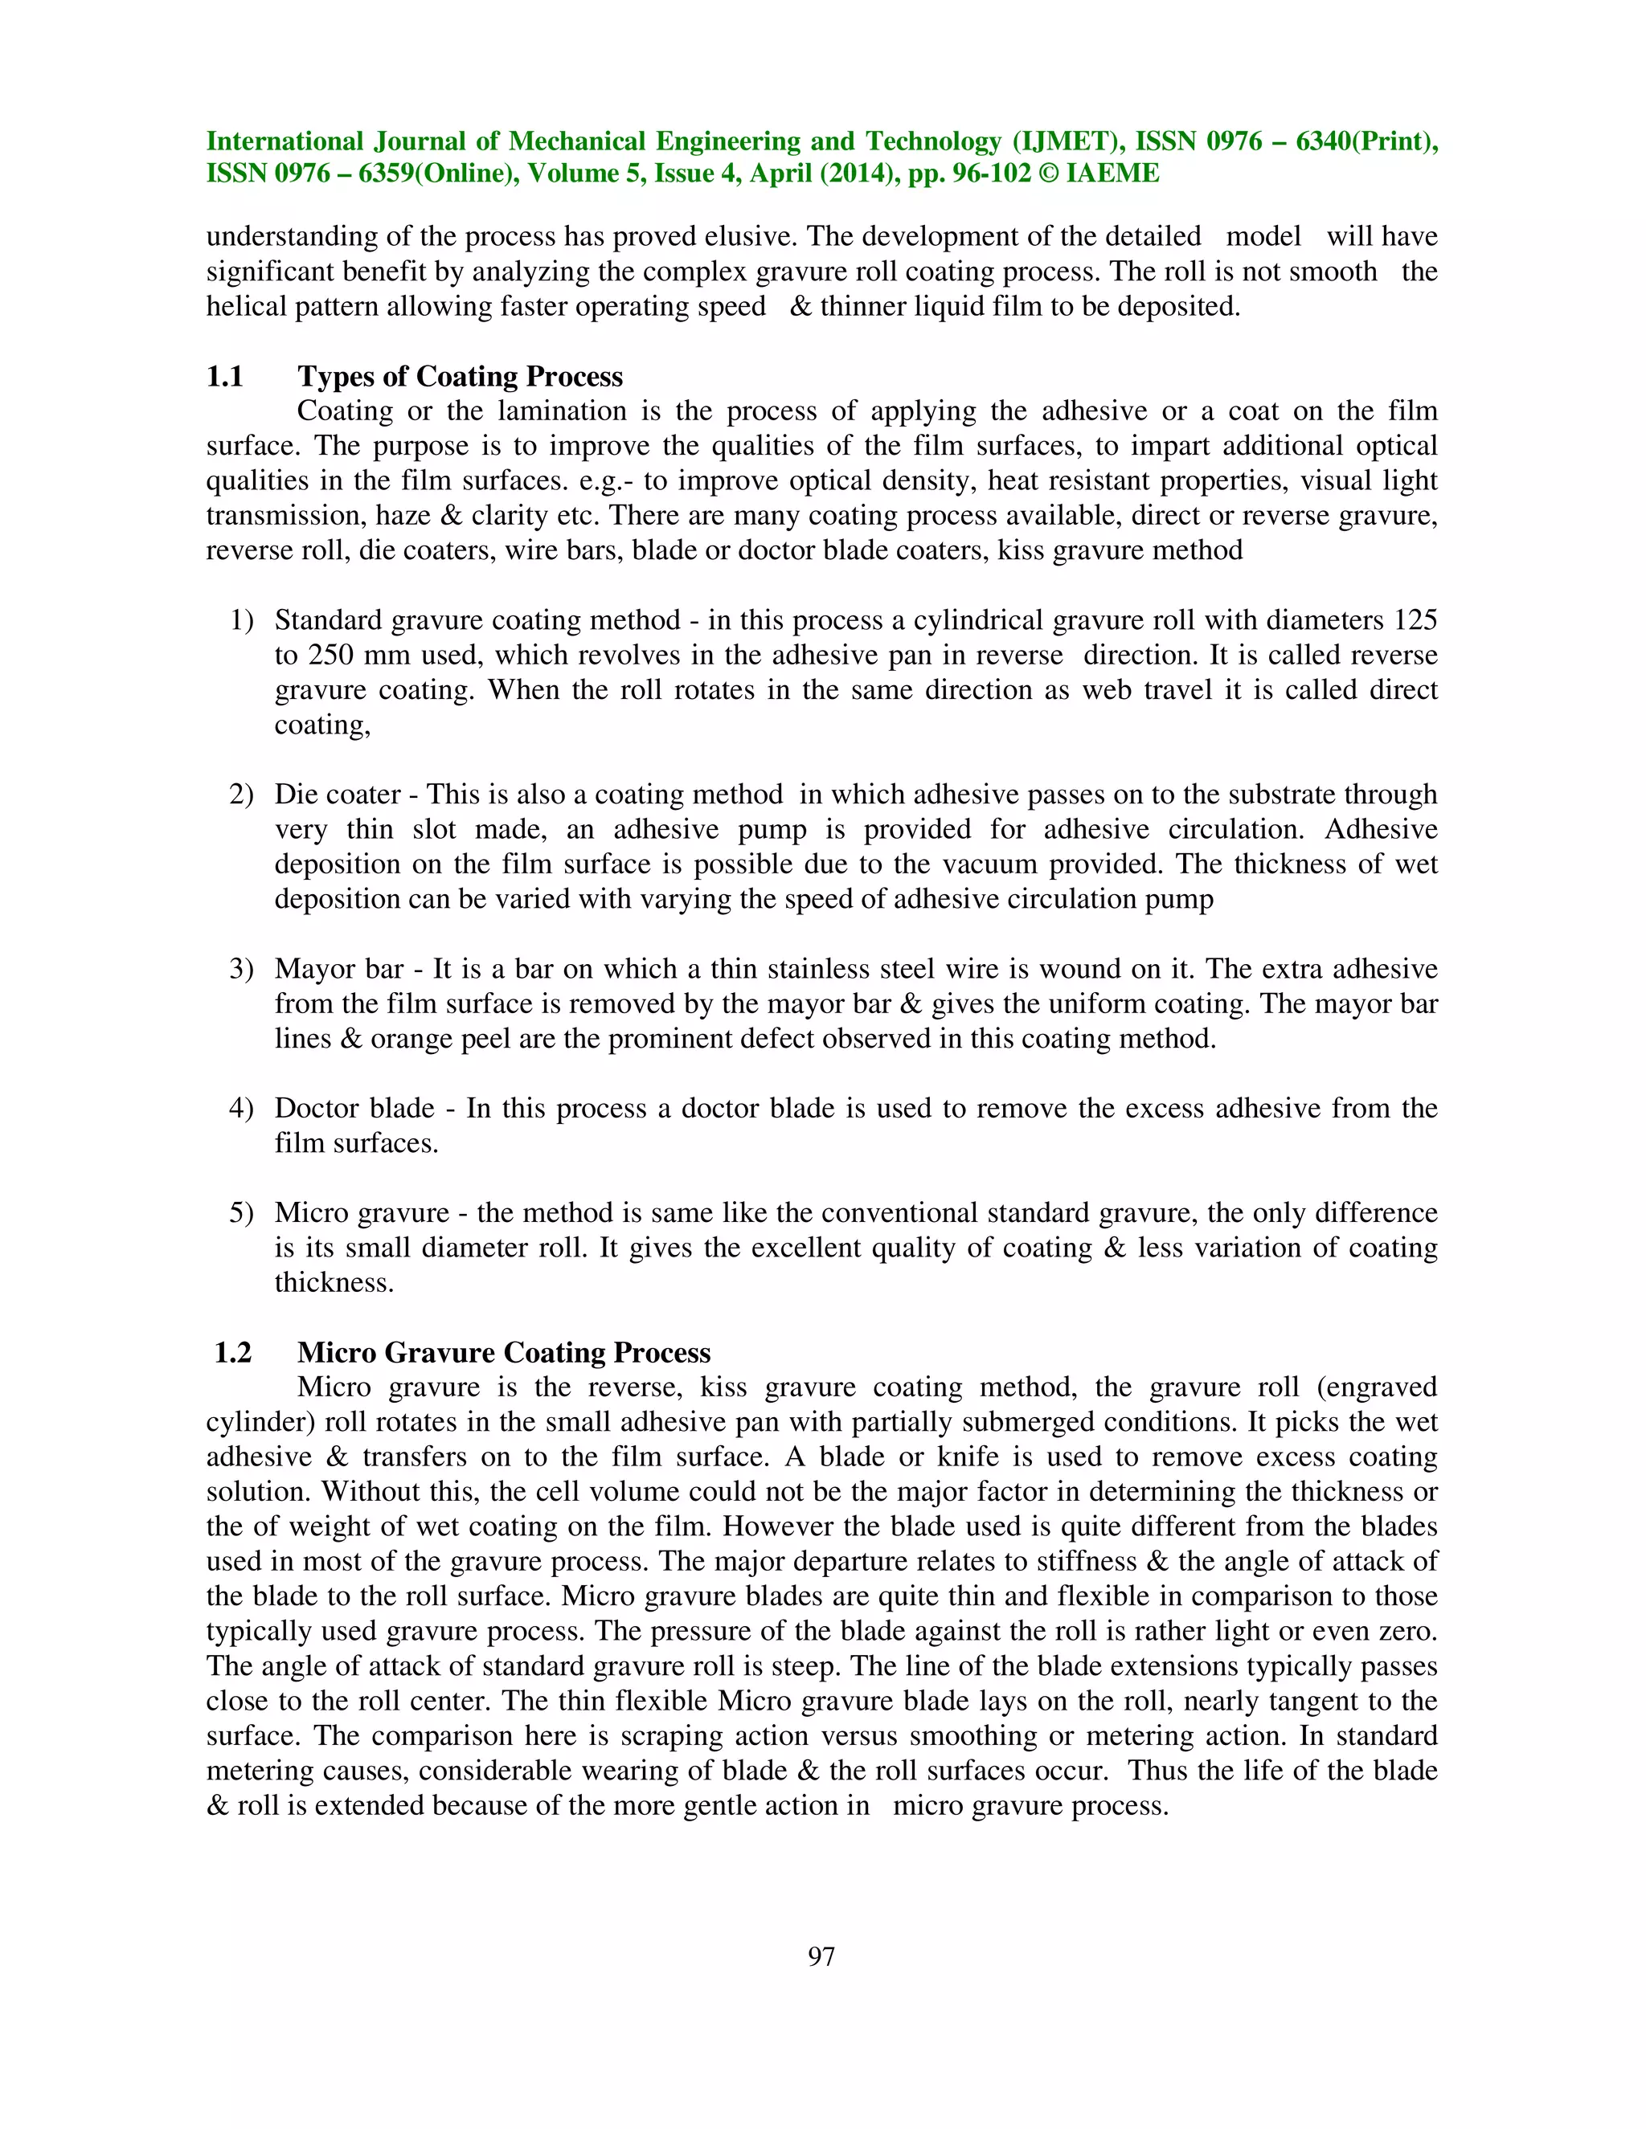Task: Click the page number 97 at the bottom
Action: pos(821,1956)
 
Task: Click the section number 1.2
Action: pos(233,1352)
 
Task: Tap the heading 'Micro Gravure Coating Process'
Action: pos(504,1352)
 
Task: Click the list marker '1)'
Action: pos(241,620)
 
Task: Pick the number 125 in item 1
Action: pos(1415,620)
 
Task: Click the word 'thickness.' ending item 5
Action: pos(334,1282)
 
